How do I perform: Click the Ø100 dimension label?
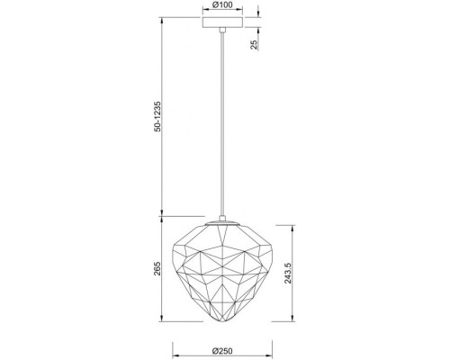(x=222, y=5)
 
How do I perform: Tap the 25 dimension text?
(x=255, y=44)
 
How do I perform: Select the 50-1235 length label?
(x=158, y=116)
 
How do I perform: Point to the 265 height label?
(x=158, y=268)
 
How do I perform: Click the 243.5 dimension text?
(x=288, y=273)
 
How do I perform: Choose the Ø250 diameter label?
(x=222, y=351)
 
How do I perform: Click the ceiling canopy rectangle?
(x=222, y=22)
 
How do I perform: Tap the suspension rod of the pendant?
(x=222, y=123)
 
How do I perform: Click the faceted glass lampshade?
(x=222, y=274)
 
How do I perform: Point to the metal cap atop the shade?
(x=222, y=223)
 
